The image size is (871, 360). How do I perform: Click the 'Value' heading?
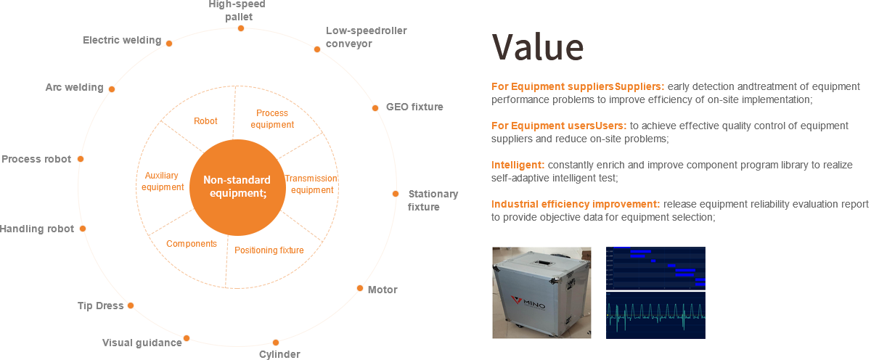[x=538, y=48]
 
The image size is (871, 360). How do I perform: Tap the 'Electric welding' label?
[x=122, y=41]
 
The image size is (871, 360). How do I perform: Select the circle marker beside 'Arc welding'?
[x=112, y=89]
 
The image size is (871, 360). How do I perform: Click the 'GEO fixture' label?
[x=414, y=107]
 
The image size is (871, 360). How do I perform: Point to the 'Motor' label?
[x=382, y=290]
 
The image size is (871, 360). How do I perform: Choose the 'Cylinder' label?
[x=279, y=354]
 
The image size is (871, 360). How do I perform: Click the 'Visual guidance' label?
[x=142, y=343]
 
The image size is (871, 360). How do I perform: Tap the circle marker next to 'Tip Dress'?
[x=131, y=306]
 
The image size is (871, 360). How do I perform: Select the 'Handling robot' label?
[x=36, y=229]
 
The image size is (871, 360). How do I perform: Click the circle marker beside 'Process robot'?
[x=81, y=159]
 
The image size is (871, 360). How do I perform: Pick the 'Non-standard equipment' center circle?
[x=237, y=187]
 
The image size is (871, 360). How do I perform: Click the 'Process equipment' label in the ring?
[x=272, y=119]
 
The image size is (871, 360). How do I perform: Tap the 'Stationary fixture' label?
[x=432, y=200]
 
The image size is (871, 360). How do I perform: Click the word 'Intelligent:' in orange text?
[x=518, y=165]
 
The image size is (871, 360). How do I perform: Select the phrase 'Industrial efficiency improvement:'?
[x=576, y=204]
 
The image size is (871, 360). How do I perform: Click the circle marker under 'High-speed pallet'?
[x=241, y=28]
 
